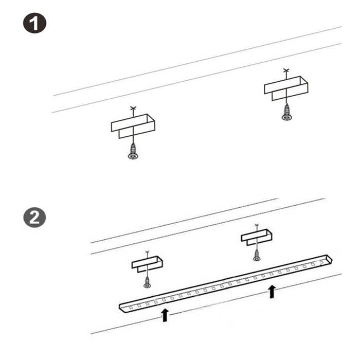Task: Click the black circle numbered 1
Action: click(x=34, y=23)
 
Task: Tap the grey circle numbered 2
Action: click(x=34, y=218)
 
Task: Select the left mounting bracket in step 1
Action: click(x=133, y=125)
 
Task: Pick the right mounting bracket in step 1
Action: click(x=286, y=88)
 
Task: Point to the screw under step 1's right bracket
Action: click(x=286, y=114)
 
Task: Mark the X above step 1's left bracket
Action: click(x=133, y=109)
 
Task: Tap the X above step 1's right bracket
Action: click(x=286, y=70)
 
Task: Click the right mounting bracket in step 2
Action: click(x=257, y=237)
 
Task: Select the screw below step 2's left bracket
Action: click(x=147, y=281)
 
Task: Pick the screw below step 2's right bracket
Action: click(x=257, y=254)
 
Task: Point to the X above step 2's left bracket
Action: click(x=147, y=253)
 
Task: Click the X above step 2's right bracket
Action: click(x=257, y=225)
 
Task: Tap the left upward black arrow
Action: click(x=165, y=314)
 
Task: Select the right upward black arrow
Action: click(x=272, y=292)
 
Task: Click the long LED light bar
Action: click(x=226, y=282)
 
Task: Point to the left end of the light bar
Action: click(x=123, y=307)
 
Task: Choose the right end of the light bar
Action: click(x=328, y=259)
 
